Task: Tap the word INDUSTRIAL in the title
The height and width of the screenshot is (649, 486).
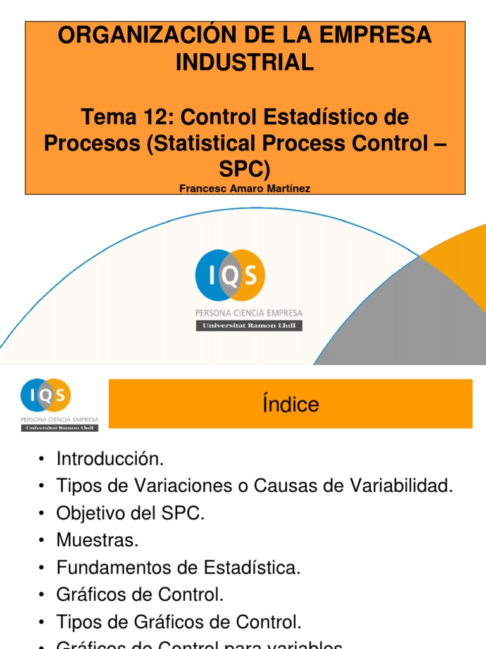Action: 244,63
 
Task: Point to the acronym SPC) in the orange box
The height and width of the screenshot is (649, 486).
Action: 244,170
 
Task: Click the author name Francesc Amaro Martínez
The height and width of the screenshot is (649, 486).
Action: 244,189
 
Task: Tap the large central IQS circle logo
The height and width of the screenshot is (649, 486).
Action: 230,276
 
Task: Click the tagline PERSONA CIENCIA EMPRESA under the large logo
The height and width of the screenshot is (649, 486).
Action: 249,312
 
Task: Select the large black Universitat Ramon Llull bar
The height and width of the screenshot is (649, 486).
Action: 249,325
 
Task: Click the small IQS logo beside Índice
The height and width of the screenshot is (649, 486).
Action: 46,395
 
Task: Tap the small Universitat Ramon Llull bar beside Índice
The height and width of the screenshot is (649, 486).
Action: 59,427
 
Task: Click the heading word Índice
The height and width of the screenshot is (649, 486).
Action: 290,404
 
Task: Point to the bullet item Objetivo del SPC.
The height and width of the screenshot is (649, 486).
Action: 130,513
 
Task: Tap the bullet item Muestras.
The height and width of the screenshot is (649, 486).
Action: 97,541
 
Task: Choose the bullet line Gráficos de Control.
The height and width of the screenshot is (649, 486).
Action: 140,595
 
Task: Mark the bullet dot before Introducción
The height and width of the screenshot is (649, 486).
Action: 41,459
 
